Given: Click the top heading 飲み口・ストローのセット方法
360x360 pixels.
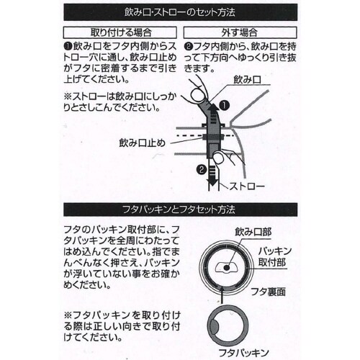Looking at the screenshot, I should [180, 13].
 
